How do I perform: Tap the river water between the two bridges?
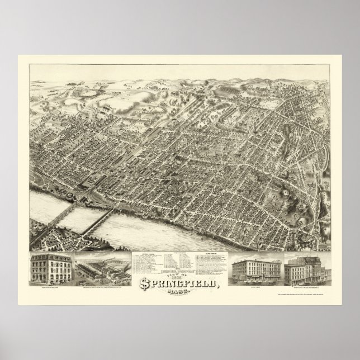[x=78, y=220]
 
